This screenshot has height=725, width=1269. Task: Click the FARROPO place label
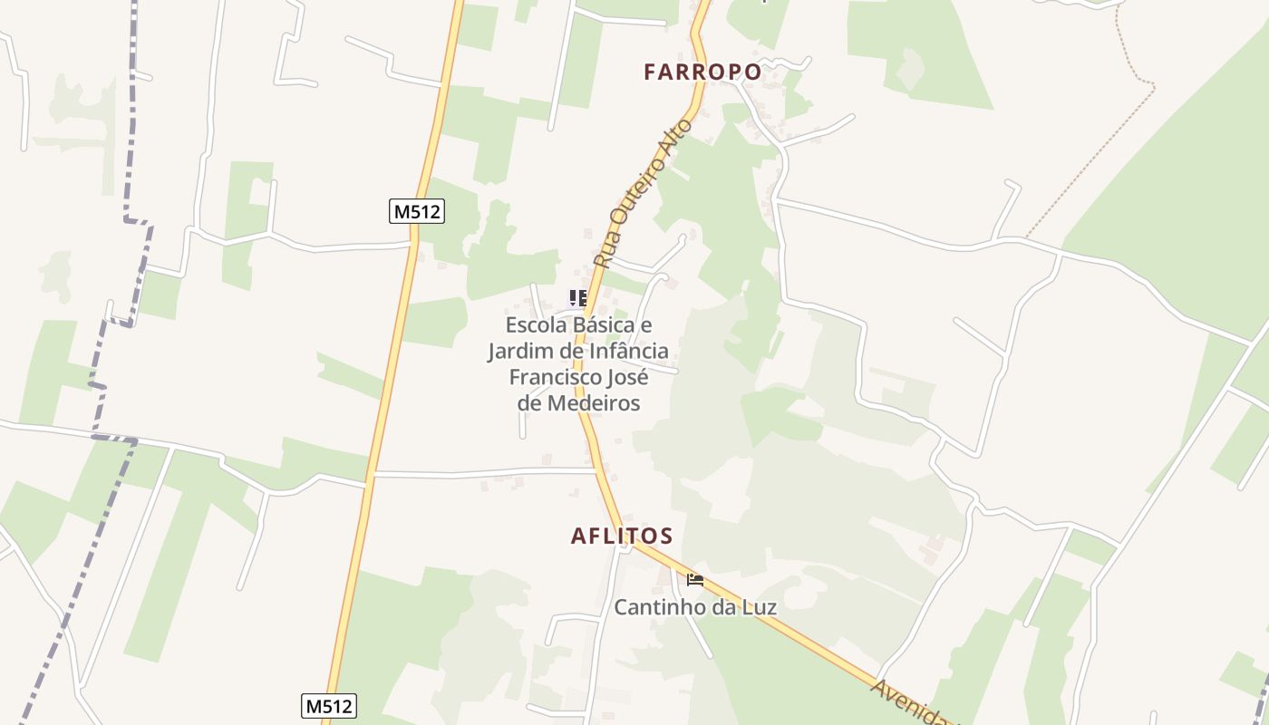702,72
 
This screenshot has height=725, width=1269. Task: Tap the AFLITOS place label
622,536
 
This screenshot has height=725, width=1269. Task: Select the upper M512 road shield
417,212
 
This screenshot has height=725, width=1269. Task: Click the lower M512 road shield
328,706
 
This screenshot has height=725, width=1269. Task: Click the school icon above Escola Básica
577,298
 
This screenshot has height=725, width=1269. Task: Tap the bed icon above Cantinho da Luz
695,580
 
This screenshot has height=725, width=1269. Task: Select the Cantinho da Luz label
695,607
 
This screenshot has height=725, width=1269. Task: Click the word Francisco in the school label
553,377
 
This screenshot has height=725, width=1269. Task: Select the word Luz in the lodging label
758,607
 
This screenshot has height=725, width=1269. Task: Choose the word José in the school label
627,377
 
